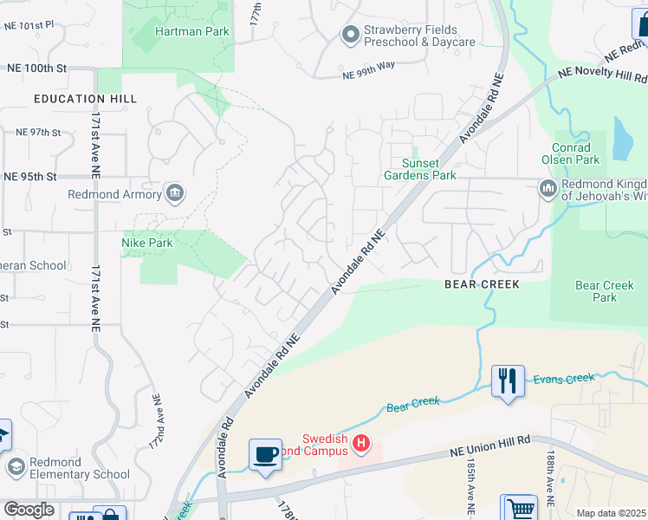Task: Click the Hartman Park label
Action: coord(191,32)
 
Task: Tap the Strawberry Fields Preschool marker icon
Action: coord(350,35)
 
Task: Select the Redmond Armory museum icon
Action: coord(174,192)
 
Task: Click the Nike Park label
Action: coord(147,243)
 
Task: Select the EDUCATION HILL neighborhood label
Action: coord(85,99)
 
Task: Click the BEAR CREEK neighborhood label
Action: coord(482,284)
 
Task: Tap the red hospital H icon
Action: coord(362,445)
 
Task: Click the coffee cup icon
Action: coord(265,454)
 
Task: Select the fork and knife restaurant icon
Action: coord(508,380)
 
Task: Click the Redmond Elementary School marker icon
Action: coord(16,467)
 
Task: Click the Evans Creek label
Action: coord(564,379)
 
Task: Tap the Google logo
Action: coord(29,510)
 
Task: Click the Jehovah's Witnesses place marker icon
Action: coord(548,188)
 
